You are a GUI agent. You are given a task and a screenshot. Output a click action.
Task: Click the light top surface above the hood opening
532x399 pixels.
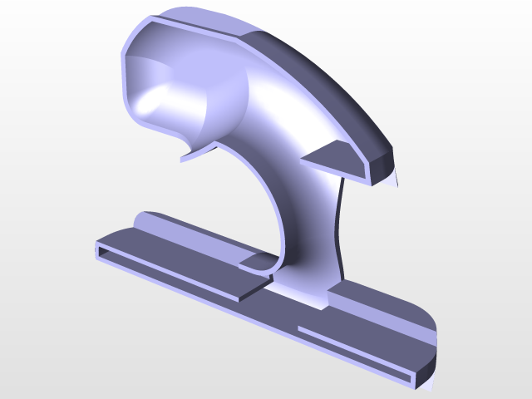point(199,25)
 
